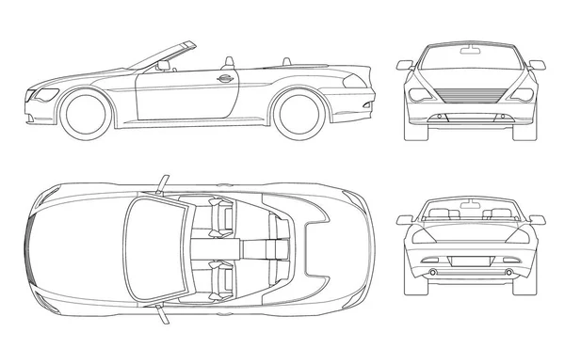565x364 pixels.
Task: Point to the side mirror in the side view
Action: (x=164, y=65)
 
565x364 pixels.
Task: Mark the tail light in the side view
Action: (x=355, y=82)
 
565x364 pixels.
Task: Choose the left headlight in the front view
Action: (x=417, y=94)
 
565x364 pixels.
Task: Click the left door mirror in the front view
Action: (x=405, y=65)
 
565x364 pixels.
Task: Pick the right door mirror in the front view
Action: (x=537, y=65)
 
